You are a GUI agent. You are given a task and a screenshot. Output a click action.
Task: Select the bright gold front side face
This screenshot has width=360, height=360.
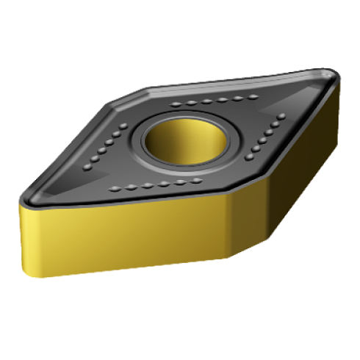pyautogui.click(x=125, y=235)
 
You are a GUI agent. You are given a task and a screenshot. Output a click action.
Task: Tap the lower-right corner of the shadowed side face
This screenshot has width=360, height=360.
pyautogui.click(x=339, y=158)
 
